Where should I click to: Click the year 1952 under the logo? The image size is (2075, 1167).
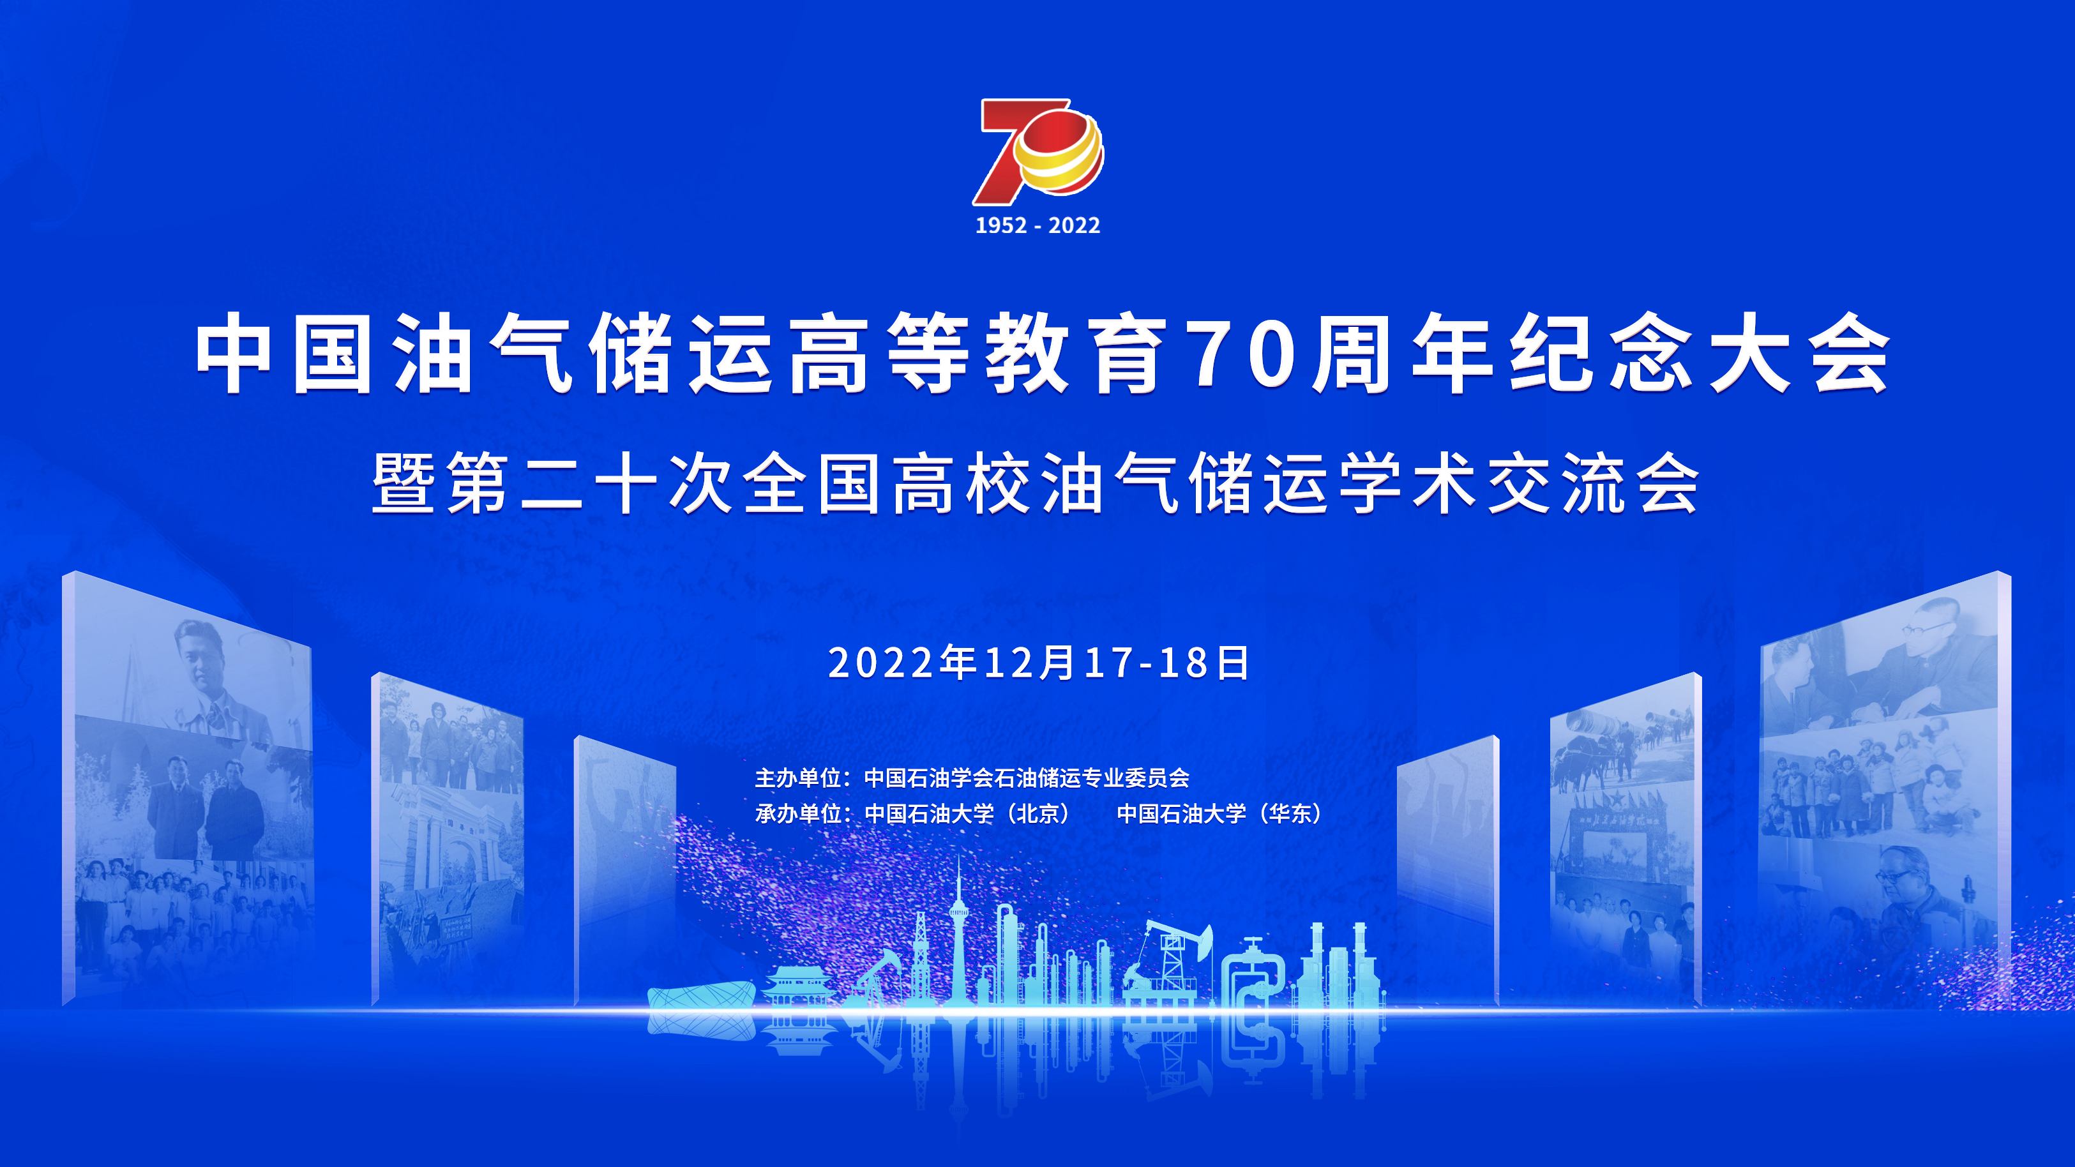pyautogui.click(x=1001, y=225)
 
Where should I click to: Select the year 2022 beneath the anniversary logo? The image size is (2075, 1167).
pyautogui.click(x=1075, y=225)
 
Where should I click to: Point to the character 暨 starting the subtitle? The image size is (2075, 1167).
pyautogui.click(x=404, y=483)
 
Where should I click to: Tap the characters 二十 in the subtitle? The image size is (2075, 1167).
pyautogui.click(x=589, y=483)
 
